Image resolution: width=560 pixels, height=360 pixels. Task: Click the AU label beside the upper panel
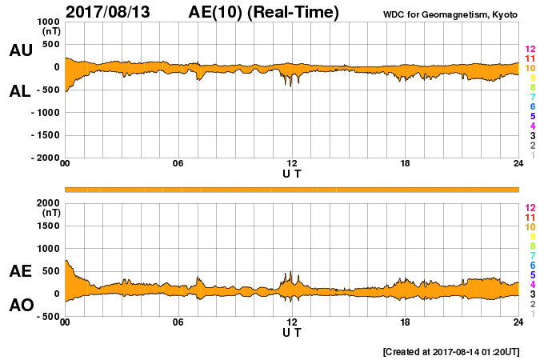pyautogui.click(x=20, y=50)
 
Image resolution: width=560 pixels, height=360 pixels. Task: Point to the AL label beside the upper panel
pyautogui.click(x=20, y=91)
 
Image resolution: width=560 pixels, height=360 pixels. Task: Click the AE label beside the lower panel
pyautogui.click(x=20, y=271)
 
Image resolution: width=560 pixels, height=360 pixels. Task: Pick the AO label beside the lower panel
pyautogui.click(x=20, y=305)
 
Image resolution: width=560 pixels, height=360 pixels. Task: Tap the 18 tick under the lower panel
pyautogui.click(x=406, y=322)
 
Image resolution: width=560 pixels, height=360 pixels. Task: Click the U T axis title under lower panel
pyautogui.click(x=292, y=332)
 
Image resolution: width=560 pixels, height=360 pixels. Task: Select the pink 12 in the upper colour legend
pyautogui.click(x=529, y=49)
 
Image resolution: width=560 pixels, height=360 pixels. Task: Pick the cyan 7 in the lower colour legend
pyautogui.click(x=530, y=255)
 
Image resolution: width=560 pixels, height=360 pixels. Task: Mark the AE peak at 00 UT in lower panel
pyautogui.click(x=66, y=261)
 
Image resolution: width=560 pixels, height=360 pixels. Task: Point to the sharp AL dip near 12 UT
pyautogui.click(x=290, y=85)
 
